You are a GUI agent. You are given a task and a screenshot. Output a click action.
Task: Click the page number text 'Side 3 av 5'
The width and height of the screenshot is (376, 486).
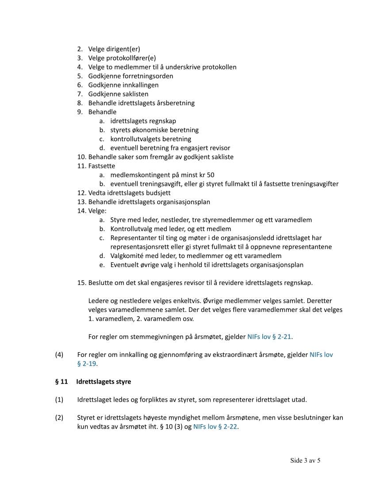(x=305, y=460)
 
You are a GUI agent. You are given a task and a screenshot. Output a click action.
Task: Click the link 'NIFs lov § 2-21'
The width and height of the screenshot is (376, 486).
(x=269, y=337)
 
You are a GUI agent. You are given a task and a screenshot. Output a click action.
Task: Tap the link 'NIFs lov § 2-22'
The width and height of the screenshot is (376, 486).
(x=215, y=427)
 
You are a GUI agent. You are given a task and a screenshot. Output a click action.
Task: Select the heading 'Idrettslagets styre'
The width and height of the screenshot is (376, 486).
(x=104, y=381)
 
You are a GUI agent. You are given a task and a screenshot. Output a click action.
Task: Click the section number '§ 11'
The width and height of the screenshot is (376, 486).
(x=61, y=381)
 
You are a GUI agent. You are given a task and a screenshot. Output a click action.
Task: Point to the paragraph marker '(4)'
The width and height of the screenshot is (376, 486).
(x=59, y=354)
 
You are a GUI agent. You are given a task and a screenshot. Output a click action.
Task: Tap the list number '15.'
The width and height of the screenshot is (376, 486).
(x=82, y=283)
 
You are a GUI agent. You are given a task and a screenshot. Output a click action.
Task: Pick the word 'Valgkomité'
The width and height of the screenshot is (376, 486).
(x=127, y=256)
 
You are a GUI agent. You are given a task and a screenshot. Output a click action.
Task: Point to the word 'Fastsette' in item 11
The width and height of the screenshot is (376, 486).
(x=102, y=166)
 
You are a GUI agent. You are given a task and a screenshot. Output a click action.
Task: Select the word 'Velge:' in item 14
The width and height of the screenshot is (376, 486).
(x=97, y=211)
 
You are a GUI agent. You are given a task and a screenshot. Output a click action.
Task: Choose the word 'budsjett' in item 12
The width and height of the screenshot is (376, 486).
(x=158, y=193)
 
